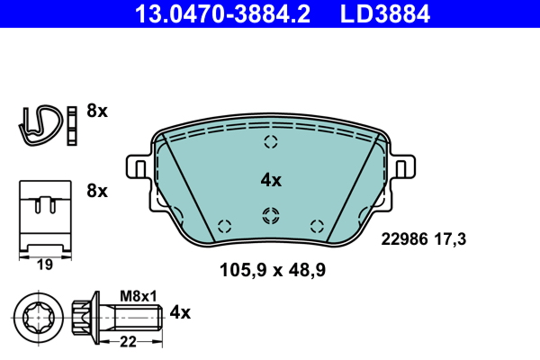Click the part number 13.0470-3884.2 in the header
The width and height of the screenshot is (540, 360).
pos(222,13)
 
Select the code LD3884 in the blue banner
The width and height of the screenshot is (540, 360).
pos(385,13)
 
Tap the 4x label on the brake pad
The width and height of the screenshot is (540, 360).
pos(271,180)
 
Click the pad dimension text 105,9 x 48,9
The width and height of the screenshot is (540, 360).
pos(273,270)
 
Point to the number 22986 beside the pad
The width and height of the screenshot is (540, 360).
pos(404,239)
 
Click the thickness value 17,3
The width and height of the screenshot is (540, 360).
pos(450,239)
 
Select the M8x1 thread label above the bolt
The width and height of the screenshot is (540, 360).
pos(138,296)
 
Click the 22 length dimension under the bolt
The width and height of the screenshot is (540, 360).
pos(128,342)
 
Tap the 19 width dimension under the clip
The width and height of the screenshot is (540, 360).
pos(45,265)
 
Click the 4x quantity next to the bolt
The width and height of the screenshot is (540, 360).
pos(180,313)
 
